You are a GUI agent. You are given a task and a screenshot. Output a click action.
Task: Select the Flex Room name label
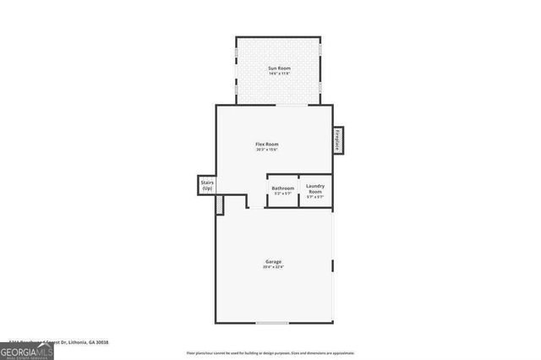[267, 144]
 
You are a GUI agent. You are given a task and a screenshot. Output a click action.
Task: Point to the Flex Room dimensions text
[267, 150]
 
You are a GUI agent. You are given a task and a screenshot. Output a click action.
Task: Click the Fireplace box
[336, 140]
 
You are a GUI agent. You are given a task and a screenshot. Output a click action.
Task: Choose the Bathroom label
[282, 188]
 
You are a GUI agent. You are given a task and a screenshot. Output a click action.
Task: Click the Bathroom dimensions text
[282, 194]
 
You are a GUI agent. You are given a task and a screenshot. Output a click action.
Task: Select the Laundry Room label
[314, 188]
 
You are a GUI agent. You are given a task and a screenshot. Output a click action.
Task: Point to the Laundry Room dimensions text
[314, 197]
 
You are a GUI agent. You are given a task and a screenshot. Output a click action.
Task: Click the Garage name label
[274, 262]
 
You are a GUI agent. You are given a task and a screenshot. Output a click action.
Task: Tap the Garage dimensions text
[274, 268]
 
